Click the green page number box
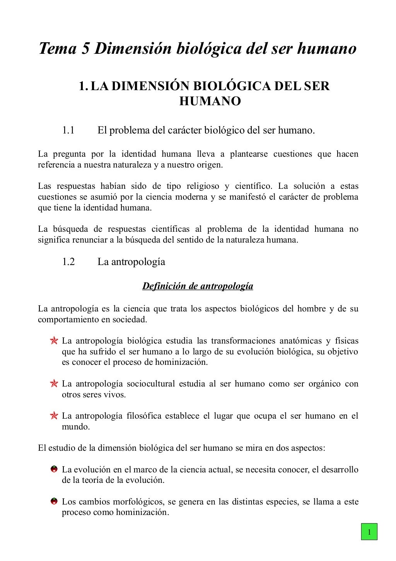click(x=369, y=532)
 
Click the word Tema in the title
click(x=57, y=49)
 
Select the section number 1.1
click(x=68, y=130)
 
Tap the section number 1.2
click(x=68, y=262)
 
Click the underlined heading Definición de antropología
click(x=198, y=286)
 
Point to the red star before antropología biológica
click(x=54, y=341)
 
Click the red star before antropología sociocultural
click(x=54, y=384)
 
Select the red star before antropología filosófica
click(x=54, y=416)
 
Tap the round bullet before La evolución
click(x=54, y=469)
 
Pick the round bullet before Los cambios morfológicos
click(x=54, y=502)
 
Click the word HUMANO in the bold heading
click(x=210, y=101)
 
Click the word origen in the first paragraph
click(x=210, y=165)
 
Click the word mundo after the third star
click(x=75, y=427)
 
